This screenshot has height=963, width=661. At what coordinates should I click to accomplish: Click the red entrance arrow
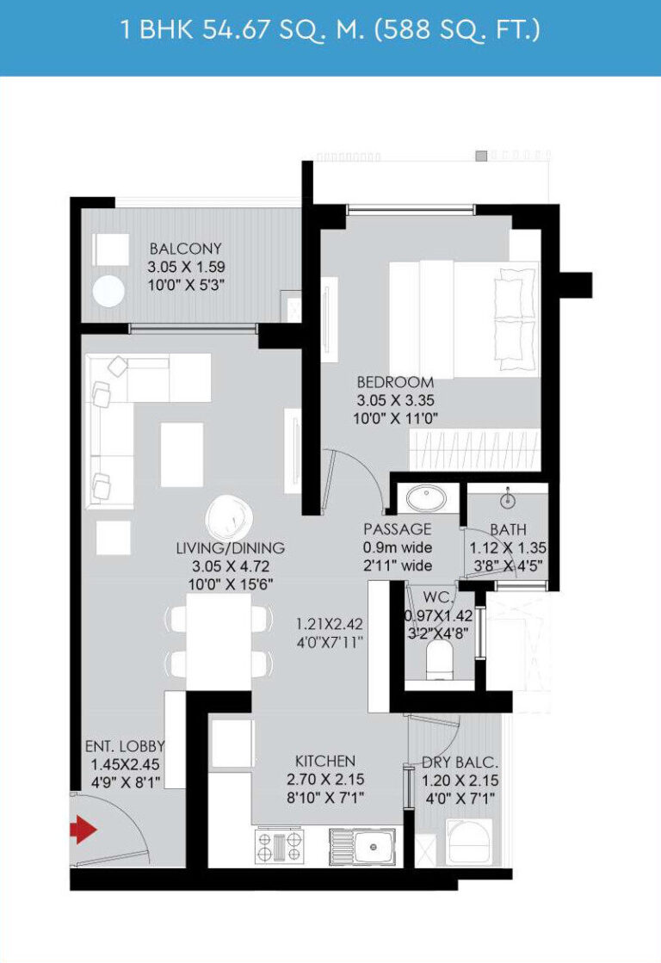tap(83, 830)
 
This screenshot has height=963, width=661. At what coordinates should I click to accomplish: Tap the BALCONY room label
tap(186, 249)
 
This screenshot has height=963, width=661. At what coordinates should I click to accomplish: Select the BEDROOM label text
tap(396, 382)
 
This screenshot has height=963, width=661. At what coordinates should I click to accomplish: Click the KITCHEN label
tap(325, 761)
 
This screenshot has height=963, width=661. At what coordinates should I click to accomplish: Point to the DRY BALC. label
tap(460, 762)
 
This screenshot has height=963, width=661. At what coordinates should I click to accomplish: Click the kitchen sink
tap(362, 847)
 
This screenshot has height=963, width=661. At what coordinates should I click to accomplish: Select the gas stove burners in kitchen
tap(280, 847)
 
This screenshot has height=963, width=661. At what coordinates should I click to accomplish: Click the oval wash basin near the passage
tap(427, 498)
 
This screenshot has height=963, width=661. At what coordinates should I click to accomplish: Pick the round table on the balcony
tap(108, 291)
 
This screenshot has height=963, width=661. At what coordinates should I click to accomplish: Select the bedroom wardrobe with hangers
tap(474, 450)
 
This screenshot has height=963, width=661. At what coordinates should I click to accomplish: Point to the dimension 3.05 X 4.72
tap(231, 566)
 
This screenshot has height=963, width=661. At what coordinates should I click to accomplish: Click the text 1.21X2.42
tap(330, 625)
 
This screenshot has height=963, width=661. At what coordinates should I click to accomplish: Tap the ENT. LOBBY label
tap(125, 746)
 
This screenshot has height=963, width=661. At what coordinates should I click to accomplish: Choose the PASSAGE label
tap(398, 529)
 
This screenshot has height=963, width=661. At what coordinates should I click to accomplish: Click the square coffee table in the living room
tap(182, 454)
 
